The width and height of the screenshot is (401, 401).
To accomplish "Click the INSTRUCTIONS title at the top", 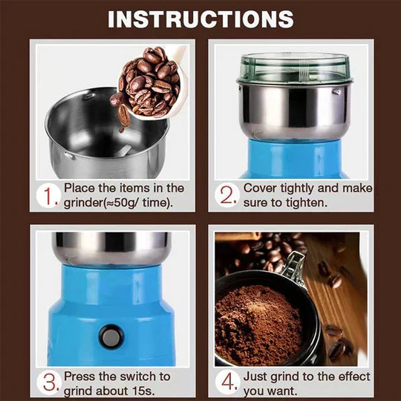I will [x=200, y=19].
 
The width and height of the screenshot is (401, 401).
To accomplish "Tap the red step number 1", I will [x=48, y=197].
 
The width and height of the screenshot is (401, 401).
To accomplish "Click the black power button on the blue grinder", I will [x=111, y=337].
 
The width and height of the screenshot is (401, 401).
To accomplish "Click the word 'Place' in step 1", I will [x=80, y=189].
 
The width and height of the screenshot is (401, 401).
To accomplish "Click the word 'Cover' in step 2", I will [x=261, y=189].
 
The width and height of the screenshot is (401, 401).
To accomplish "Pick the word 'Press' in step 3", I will [x=80, y=377].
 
